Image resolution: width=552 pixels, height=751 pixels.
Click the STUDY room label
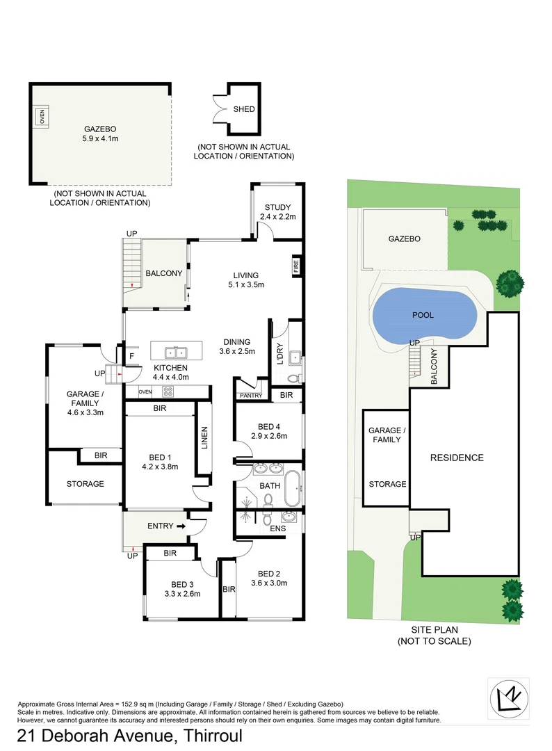[277, 207]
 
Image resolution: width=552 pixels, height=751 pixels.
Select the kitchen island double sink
[176, 353]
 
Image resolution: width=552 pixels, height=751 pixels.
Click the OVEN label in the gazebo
[42, 116]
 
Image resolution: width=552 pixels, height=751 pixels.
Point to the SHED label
[244, 109]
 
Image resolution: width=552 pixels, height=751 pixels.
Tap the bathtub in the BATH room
[293, 487]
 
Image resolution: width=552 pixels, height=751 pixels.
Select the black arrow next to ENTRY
[181, 526]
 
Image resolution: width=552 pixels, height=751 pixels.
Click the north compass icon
[509, 699]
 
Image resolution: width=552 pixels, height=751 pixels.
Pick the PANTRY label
[251, 396]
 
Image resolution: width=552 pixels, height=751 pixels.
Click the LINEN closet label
[204, 438]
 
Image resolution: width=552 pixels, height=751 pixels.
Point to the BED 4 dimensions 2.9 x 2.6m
[269, 436]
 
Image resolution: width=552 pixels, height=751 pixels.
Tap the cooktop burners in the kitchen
[168, 391]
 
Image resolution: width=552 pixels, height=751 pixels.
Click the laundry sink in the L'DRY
[296, 357]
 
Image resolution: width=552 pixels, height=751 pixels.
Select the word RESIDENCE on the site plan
[457, 458]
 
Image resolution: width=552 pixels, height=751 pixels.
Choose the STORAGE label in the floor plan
[86, 484]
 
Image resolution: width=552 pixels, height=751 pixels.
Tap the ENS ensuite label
[277, 528]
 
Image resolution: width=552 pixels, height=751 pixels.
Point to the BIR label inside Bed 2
[229, 589]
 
